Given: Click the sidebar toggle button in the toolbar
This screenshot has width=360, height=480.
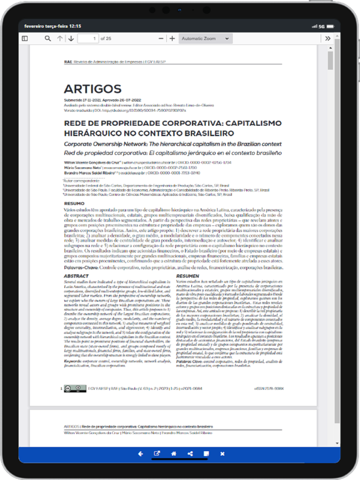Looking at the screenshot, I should [25, 39].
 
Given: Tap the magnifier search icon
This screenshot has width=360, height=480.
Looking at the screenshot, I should [48, 39].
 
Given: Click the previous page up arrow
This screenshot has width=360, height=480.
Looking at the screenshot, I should [60, 39].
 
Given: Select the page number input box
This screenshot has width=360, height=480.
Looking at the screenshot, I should [87, 39].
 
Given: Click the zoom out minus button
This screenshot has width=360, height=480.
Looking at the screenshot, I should [161, 39].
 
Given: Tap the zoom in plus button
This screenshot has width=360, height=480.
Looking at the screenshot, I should [172, 39].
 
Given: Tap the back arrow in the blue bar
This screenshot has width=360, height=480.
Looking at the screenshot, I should [140, 454].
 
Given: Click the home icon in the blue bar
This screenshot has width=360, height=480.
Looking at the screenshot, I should [174, 454].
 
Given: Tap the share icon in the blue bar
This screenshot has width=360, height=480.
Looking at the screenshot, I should [190, 454].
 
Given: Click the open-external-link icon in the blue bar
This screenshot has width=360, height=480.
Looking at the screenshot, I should [157, 454].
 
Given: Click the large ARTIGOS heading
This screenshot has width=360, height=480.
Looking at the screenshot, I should [93, 88].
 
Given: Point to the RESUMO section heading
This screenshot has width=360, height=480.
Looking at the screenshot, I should [74, 204].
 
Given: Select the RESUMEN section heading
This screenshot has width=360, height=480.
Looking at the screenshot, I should [187, 276].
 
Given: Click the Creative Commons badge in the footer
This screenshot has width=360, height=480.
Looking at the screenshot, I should [71, 389].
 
